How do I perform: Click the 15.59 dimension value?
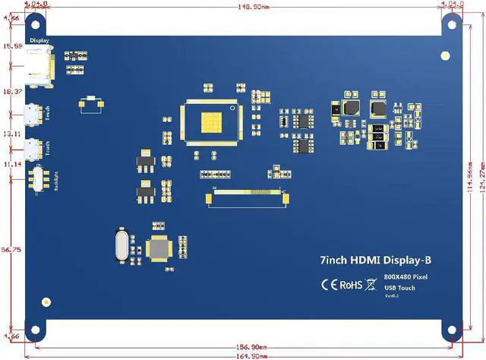pos(13,47)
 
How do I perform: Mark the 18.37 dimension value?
pos(13,91)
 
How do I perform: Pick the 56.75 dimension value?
pos(13,248)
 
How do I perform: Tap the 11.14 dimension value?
pos(13,164)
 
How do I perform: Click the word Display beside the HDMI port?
pos(39,40)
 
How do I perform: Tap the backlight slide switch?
pos(36,181)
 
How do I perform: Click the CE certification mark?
pos(329,286)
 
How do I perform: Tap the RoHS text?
pos(351,286)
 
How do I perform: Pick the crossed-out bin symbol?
pos(371,286)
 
